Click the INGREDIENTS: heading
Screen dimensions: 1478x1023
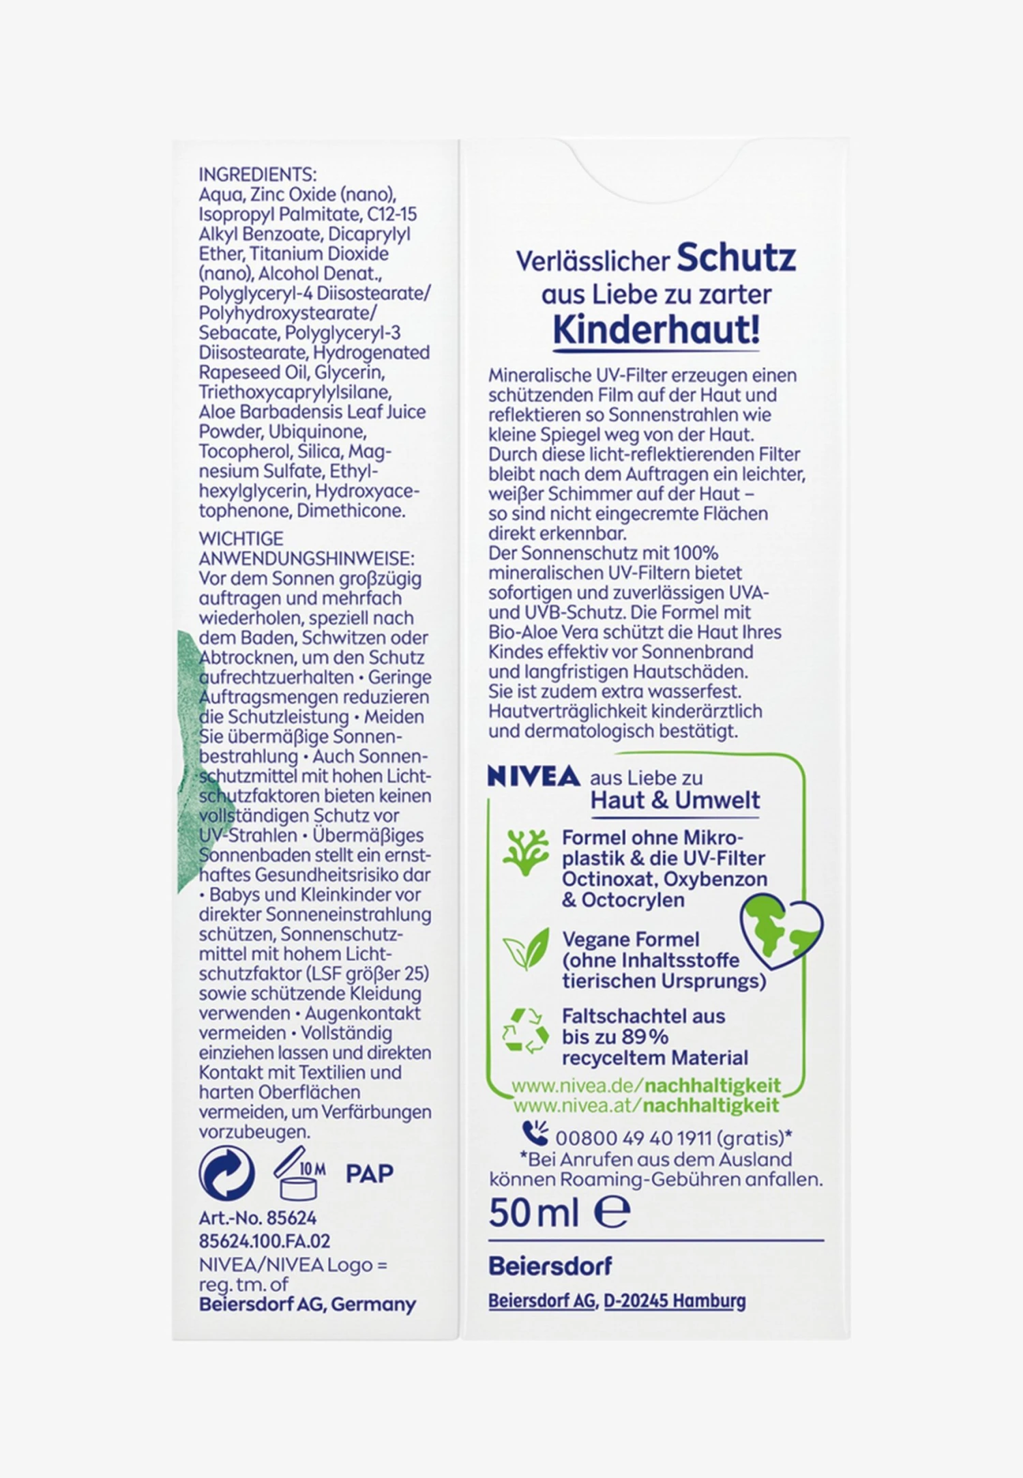tap(257, 175)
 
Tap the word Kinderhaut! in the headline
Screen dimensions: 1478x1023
tap(655, 330)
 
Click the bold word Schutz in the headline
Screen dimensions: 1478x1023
tap(736, 258)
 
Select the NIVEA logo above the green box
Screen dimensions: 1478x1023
tap(533, 777)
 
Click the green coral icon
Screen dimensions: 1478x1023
tap(525, 852)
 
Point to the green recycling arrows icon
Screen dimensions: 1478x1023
tap(525, 1031)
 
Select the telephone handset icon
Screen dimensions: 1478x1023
tap(535, 1133)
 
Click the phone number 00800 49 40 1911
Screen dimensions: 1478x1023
tap(634, 1138)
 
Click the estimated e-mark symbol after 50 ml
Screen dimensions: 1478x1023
tap(612, 1213)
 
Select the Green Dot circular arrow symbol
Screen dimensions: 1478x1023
tap(226, 1174)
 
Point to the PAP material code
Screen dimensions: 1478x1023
tap(369, 1174)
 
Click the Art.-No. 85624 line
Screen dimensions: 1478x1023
tap(258, 1218)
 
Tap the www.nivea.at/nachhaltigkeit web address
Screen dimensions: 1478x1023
tap(646, 1105)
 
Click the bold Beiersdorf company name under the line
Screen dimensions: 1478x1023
tap(550, 1266)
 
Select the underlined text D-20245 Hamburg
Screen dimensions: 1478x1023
tap(674, 1301)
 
